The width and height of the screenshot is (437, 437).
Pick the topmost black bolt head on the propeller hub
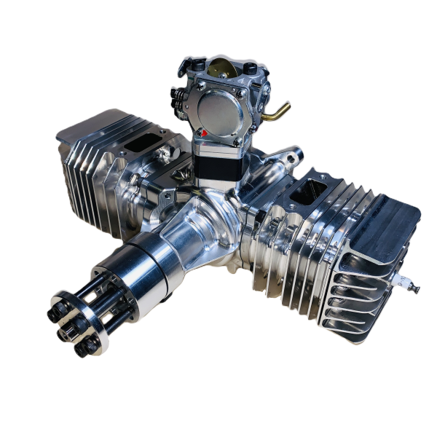coord(58,299)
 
